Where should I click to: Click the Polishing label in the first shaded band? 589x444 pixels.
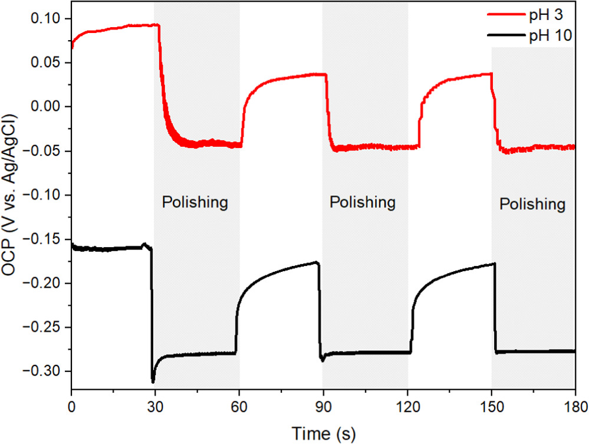pos(195,203)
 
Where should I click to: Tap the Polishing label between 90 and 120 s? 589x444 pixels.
pos(362,202)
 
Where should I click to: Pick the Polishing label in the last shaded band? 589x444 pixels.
pos(532,205)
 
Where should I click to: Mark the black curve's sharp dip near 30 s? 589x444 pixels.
pos(153,380)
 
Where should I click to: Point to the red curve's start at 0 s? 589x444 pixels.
pos(72,47)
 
